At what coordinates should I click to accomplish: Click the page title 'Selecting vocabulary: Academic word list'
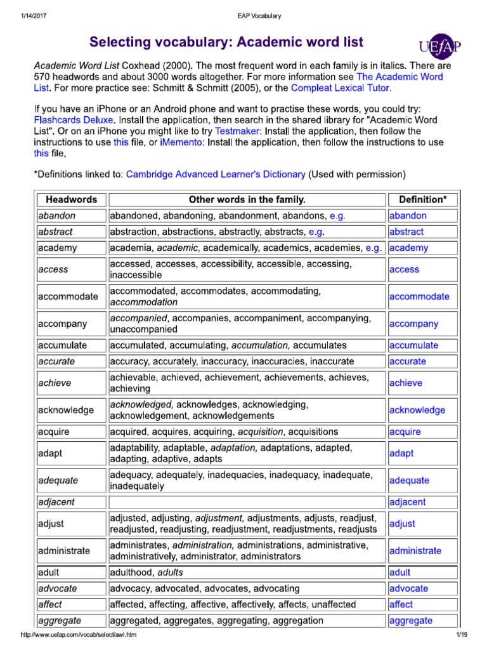pos(226,43)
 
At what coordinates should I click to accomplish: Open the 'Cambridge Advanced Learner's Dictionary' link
pos(216,174)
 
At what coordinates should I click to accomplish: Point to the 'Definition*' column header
pos(422,199)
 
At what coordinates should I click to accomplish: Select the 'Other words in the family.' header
pos(247,199)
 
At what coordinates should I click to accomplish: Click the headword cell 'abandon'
pos(56,216)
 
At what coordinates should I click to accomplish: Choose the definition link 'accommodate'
pos(419,296)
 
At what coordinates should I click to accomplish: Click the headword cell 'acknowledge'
pos(65,410)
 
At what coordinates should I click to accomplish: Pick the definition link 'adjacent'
pos(408,502)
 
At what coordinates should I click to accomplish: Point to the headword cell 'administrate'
pos(64,550)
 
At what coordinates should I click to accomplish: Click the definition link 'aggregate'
pos(411,620)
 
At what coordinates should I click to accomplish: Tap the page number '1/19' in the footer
pos(460,635)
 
